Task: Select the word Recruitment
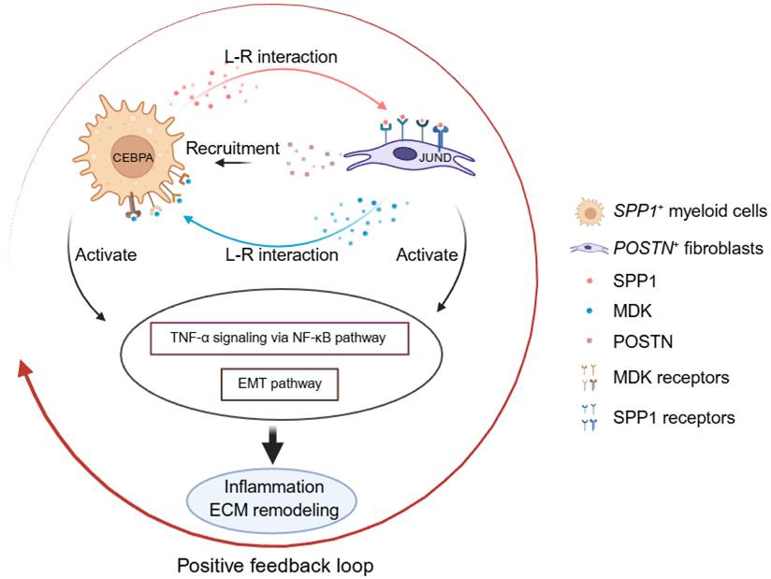point(233,148)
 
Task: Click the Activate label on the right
point(427,253)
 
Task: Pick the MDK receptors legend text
point(683,377)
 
